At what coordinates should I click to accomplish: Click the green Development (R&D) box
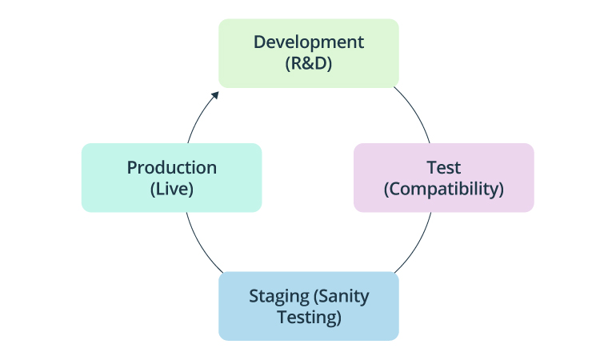point(308,53)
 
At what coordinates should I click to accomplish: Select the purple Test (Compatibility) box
point(443,178)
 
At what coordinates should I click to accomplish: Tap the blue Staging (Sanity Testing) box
point(308,306)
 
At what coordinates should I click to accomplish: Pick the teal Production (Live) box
point(171,178)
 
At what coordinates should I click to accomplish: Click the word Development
point(308,42)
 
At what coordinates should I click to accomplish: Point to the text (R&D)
point(308,63)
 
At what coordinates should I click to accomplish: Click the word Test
point(443,167)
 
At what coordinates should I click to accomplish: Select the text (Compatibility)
point(443,190)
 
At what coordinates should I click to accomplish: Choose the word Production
point(171,167)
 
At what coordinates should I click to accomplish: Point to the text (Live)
point(171,190)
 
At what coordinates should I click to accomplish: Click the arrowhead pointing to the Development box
point(215,94)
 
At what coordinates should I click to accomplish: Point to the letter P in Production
point(132,167)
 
